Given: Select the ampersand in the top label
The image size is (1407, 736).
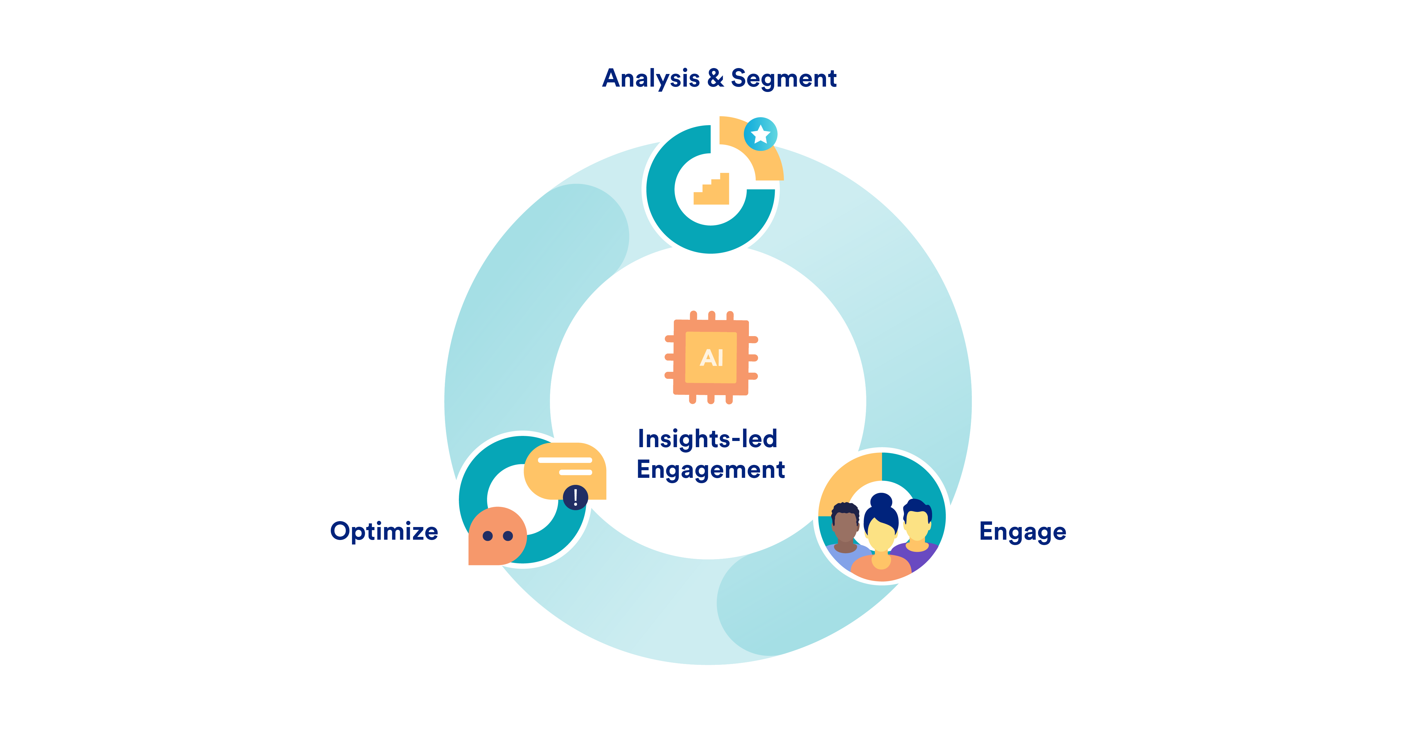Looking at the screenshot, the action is coord(715,78).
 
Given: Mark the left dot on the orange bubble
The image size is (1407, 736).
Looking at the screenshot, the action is coord(488,536).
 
